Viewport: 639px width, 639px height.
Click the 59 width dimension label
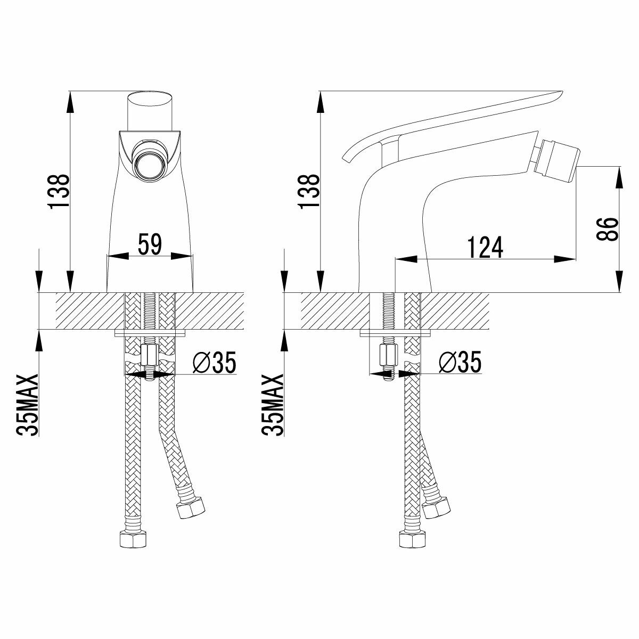[150, 245]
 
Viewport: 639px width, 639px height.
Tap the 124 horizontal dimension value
[485, 248]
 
